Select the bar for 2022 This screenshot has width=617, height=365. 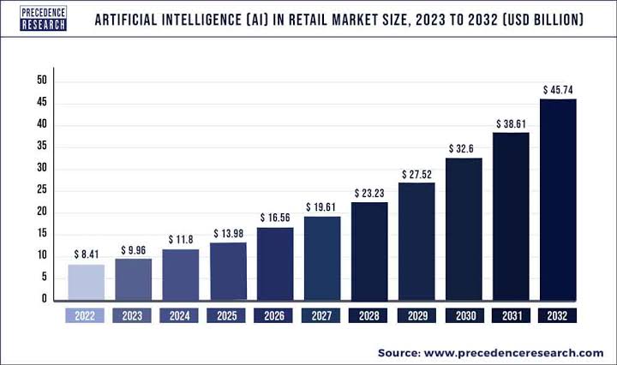pos(87,282)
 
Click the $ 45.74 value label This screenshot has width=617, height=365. pos(558,89)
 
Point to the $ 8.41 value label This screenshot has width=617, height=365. pos(87,254)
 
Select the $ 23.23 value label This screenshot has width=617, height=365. pos(369,192)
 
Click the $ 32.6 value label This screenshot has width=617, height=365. pos(464,148)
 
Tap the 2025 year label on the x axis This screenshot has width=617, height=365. pos(228,315)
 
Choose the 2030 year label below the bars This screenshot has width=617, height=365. pos(464,315)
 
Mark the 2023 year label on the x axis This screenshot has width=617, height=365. pos(134,315)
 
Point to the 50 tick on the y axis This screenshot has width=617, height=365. pos(41,81)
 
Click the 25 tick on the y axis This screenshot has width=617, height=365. pos(41,190)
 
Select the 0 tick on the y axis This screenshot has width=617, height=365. pos(44,299)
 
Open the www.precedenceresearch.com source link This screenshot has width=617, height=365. pos(513,352)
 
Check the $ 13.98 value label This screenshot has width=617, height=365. pos(228,232)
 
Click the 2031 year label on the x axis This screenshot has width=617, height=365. pos(511,315)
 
